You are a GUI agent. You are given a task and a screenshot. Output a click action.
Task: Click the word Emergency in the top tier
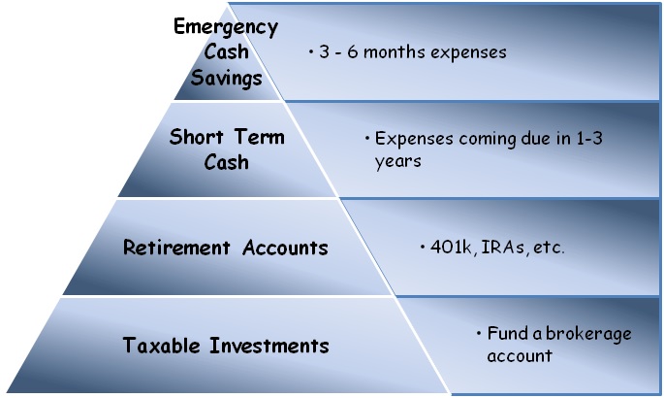point(226,27)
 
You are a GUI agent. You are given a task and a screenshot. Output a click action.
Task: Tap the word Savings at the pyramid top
point(226,78)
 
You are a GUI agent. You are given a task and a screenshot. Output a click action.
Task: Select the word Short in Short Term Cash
point(197,137)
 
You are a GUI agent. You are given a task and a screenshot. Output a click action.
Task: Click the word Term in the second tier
point(260,137)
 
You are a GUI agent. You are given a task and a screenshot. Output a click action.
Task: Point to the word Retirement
point(176,248)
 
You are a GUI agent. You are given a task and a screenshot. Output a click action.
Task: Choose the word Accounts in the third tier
point(285,248)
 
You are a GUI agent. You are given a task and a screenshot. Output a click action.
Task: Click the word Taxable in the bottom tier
point(161,345)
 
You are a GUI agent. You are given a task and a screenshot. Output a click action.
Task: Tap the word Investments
point(269,345)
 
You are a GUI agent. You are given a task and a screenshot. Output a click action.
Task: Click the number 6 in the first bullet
point(352,52)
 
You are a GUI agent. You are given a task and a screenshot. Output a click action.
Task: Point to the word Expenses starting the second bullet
point(414,139)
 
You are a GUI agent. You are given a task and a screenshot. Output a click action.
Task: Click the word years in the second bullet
point(397,162)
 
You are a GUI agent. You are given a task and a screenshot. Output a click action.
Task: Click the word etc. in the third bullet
point(549,248)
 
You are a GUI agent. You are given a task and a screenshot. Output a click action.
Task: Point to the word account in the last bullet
point(520,356)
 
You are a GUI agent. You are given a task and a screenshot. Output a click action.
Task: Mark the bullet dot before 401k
point(423,247)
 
